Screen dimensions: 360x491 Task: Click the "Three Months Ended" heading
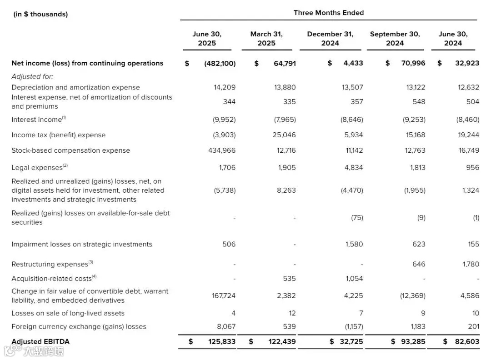tap(328, 13)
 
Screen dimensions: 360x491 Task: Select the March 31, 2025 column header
tap(266, 39)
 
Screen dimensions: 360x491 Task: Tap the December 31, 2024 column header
tap(330, 39)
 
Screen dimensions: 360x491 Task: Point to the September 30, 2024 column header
tap(395, 39)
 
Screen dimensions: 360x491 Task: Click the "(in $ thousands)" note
tap(40, 14)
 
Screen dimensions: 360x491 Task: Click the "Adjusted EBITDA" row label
tap(40, 341)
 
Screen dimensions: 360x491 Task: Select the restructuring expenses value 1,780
tap(471, 264)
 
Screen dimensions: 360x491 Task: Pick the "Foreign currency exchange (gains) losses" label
tap(79, 326)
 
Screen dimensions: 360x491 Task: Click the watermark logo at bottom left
tap(34, 351)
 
